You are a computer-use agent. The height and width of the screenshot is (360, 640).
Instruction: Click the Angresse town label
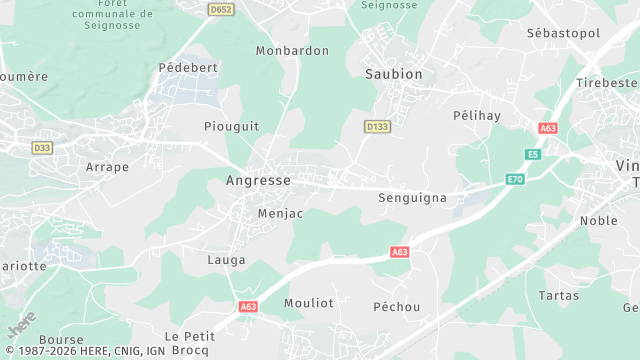click(258, 180)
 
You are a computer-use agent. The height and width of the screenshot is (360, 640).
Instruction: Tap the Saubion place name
click(393, 74)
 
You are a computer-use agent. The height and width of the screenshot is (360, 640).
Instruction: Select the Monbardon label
click(292, 50)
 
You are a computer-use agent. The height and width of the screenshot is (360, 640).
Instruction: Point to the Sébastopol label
click(563, 33)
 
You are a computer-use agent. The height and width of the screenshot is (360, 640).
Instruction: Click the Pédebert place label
click(188, 67)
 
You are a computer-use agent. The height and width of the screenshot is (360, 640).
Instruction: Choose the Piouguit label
click(231, 126)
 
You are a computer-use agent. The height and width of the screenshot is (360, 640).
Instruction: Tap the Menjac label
click(280, 213)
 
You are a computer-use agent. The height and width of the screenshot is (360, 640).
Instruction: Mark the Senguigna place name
click(412, 198)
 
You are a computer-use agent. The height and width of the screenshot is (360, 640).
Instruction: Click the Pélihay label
click(475, 115)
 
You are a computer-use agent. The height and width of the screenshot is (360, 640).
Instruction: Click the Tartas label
click(558, 295)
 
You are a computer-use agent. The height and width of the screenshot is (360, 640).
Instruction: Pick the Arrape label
click(108, 167)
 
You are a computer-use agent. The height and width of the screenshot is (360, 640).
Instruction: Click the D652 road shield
click(221, 9)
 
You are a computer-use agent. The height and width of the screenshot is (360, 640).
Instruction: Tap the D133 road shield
click(377, 127)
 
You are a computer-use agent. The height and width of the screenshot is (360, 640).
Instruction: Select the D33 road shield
click(42, 148)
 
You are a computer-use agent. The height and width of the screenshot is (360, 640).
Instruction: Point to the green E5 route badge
click(534, 154)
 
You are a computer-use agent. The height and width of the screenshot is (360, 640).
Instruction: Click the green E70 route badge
click(515, 179)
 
